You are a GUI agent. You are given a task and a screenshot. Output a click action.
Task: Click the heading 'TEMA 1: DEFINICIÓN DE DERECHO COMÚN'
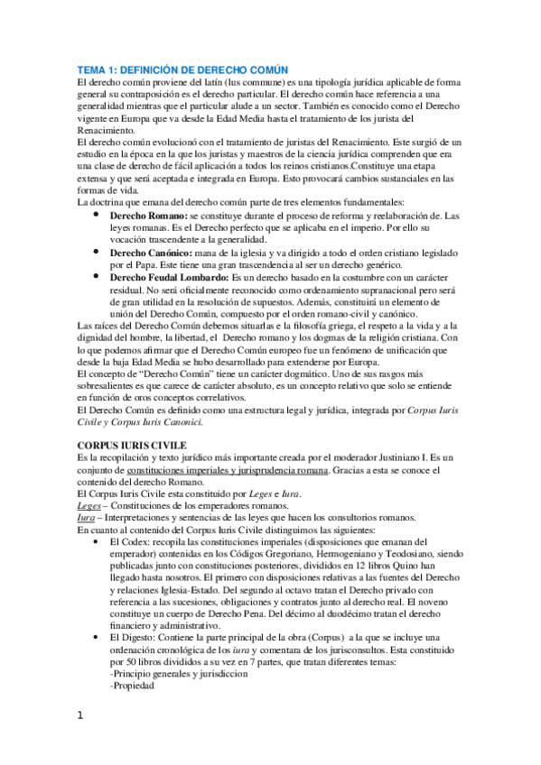[x=182, y=70]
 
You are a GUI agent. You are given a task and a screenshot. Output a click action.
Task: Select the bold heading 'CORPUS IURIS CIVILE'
[x=131, y=445]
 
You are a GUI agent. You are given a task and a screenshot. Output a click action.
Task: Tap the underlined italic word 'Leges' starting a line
[x=88, y=505]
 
